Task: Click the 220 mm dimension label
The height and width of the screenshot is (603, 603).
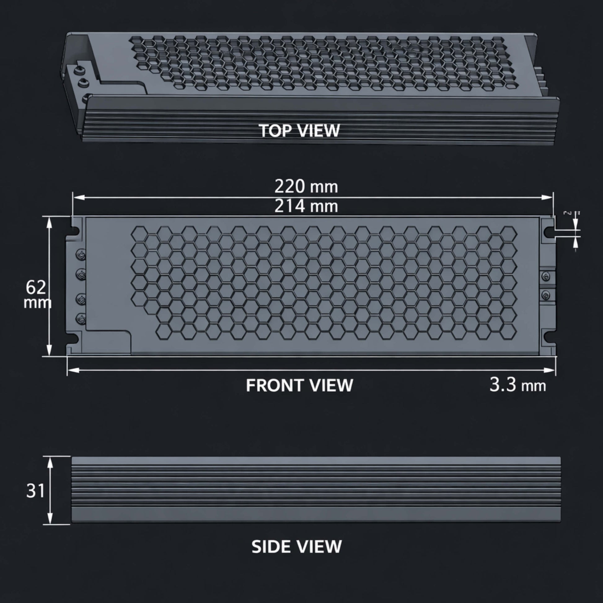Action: (306, 187)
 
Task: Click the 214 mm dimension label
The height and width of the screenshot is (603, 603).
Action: (306, 206)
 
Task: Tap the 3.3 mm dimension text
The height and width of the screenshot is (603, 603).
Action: (517, 385)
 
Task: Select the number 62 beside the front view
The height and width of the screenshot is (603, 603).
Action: (36, 288)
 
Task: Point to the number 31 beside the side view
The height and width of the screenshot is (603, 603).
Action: (36, 491)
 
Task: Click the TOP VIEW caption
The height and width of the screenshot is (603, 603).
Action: (299, 130)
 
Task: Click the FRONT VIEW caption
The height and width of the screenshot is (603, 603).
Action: (299, 385)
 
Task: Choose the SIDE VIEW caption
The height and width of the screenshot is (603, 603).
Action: (296, 547)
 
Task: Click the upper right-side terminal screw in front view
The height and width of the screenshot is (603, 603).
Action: (545, 276)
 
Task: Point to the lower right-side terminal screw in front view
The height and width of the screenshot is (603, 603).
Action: (545, 295)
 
